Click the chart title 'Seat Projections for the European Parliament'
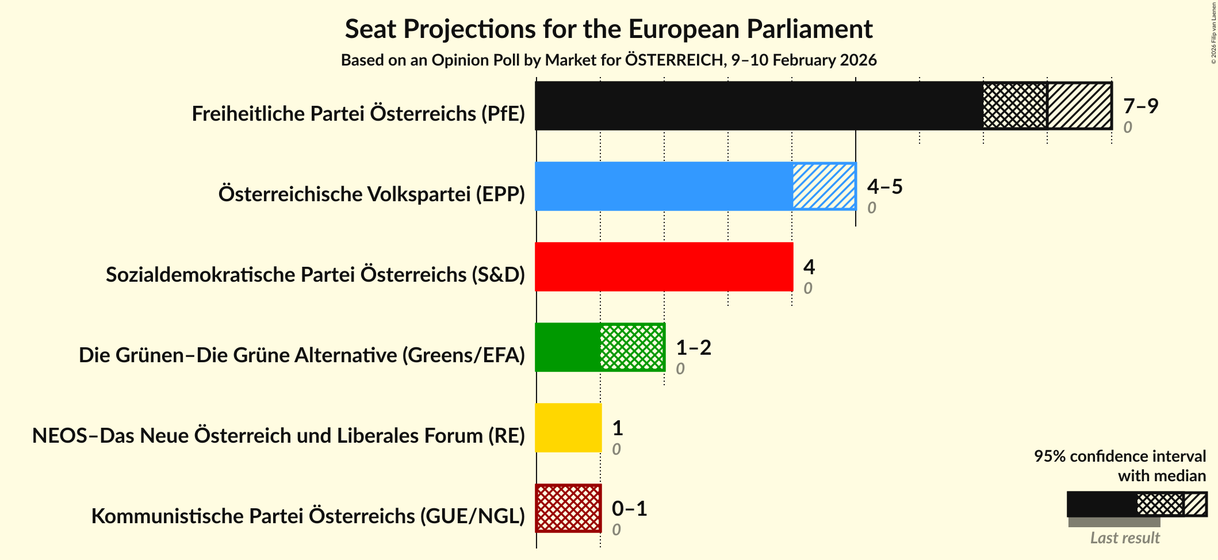[608, 29]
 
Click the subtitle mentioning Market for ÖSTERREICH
[608, 60]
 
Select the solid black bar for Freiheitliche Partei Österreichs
[759, 106]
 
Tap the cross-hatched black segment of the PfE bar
[1015, 106]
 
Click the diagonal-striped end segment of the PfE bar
[1079, 106]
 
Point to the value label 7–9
[1140, 106]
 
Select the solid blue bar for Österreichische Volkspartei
[664, 186]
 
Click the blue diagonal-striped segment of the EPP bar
[824, 186]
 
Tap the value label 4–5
[884, 186]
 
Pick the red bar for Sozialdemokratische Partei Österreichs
[664, 267]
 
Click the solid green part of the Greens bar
[568, 347]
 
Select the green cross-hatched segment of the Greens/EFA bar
[632, 347]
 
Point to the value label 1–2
[693, 347]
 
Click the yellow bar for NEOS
[568, 428]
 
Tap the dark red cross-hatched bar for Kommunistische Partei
[568, 508]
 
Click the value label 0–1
[629, 508]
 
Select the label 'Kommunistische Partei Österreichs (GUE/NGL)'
[308, 516]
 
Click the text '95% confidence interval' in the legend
[1119, 456]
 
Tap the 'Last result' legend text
[1124, 538]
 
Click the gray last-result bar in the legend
[1114, 522]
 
